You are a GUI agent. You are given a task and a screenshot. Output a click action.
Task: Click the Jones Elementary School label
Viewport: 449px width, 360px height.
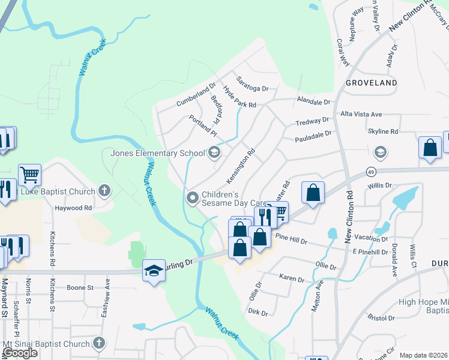point(157,153)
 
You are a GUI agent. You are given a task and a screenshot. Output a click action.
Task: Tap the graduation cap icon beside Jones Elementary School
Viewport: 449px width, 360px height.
point(214,153)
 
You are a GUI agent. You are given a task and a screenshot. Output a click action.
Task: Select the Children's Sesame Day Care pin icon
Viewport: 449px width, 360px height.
point(193,197)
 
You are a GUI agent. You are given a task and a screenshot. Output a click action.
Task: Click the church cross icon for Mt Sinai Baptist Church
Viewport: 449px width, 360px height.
point(98,344)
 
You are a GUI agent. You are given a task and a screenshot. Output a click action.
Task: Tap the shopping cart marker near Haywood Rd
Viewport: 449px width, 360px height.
point(29,175)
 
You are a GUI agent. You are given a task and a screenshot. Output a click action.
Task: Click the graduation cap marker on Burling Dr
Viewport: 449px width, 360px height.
point(154,272)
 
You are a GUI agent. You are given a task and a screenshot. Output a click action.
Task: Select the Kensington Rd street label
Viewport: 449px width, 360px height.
point(241,166)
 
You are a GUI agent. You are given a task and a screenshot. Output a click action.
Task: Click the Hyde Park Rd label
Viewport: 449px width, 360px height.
point(240,97)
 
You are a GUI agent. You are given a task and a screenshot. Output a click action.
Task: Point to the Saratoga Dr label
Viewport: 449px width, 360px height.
point(252,84)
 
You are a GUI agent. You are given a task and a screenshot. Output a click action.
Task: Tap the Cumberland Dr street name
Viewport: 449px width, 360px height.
point(195,95)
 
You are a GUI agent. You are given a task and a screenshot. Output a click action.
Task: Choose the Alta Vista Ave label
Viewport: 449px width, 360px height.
point(361,114)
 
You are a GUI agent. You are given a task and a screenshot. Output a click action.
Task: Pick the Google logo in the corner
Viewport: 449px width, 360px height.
point(20,353)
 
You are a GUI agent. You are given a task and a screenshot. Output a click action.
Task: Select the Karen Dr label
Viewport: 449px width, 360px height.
point(292,279)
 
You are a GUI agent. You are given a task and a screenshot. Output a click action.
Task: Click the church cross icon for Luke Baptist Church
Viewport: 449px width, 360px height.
point(104,192)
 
